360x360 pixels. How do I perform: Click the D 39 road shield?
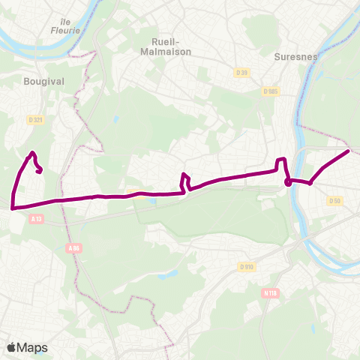pos(241,72)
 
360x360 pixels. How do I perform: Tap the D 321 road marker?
pos(34,119)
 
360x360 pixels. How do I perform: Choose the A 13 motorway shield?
pos(37,218)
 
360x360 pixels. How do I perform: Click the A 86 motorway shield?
pos(73,248)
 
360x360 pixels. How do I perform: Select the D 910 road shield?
pos(247,266)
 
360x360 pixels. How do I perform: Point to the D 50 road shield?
pos(334,200)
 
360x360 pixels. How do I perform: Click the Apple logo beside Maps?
pos(12,347)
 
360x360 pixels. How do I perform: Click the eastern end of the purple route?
pos(349,151)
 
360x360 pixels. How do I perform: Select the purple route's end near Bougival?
pos(39,171)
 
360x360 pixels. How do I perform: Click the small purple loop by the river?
pos(288,181)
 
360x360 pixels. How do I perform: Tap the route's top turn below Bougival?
pos(32,153)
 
